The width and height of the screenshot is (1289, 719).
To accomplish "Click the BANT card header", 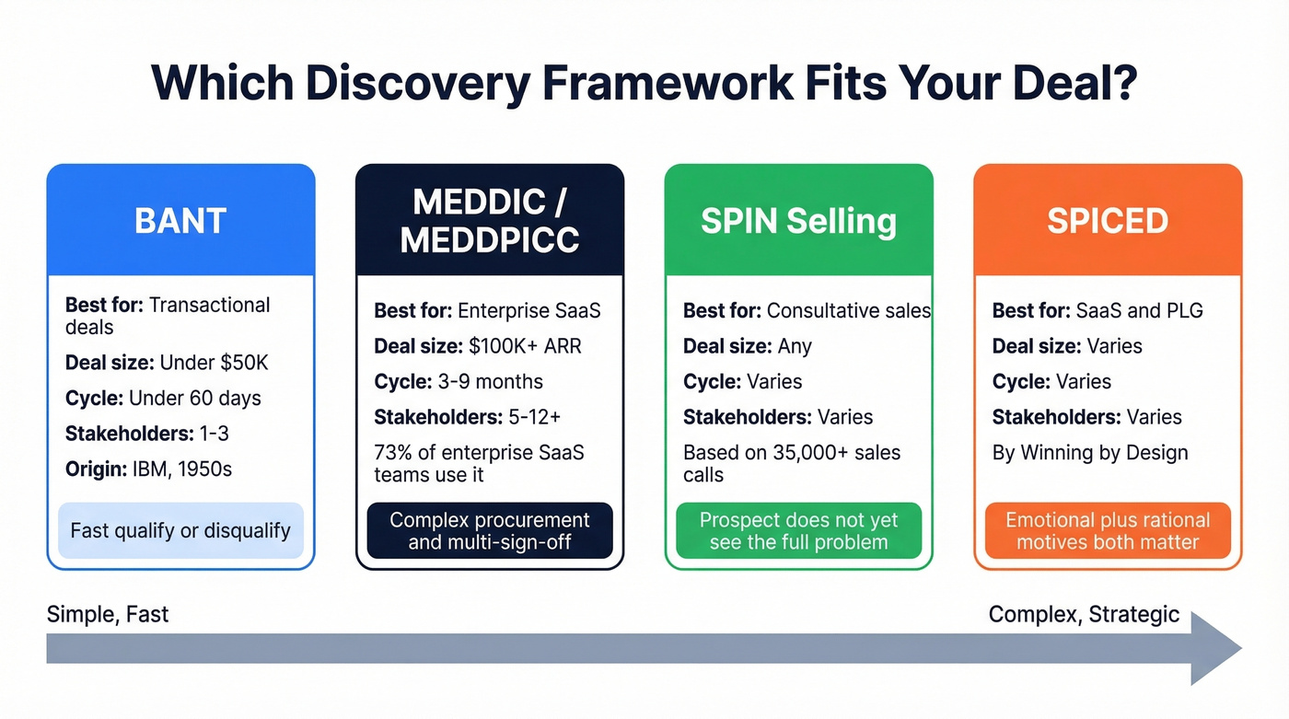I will coord(180,221).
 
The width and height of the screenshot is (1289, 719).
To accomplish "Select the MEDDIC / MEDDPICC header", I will coord(490,221).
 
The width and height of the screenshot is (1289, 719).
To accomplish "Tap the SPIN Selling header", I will coord(798,221).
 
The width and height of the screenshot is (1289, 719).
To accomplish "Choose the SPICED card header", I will coord(1108,221).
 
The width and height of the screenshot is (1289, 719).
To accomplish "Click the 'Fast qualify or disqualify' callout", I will coord(180,530).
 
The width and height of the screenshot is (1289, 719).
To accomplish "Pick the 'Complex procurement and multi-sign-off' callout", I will coord(490,530).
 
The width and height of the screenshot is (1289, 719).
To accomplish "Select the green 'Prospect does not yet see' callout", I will coord(798,530).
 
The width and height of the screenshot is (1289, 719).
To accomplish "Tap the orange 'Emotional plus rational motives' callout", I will coord(1108,530).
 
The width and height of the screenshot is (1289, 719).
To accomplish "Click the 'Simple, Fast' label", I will coord(108,614).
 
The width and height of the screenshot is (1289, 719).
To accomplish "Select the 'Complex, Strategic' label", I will coord(1084,614).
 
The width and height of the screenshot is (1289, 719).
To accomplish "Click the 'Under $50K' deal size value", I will coord(214,363).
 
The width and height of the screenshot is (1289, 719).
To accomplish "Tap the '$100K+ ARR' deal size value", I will coord(525,346).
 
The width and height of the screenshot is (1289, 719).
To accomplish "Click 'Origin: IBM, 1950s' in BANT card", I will coord(148,470).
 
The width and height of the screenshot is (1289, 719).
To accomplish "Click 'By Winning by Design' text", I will coord(1090,452).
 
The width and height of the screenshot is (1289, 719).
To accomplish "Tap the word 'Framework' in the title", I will coord(667,83).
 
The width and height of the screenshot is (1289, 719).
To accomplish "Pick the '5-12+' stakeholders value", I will coord(534,417).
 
